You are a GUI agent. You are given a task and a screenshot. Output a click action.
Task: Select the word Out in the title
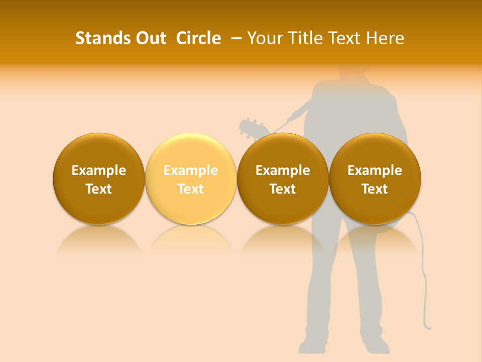(x=150, y=38)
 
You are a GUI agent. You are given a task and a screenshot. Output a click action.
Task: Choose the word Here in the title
(x=385, y=38)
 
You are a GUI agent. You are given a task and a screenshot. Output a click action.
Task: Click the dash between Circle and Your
(x=234, y=39)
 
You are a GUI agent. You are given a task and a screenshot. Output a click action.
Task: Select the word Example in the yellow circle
(x=191, y=170)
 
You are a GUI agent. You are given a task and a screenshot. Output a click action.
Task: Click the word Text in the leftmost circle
(x=98, y=189)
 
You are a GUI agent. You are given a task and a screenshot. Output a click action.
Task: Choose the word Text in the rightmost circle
(x=375, y=189)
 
